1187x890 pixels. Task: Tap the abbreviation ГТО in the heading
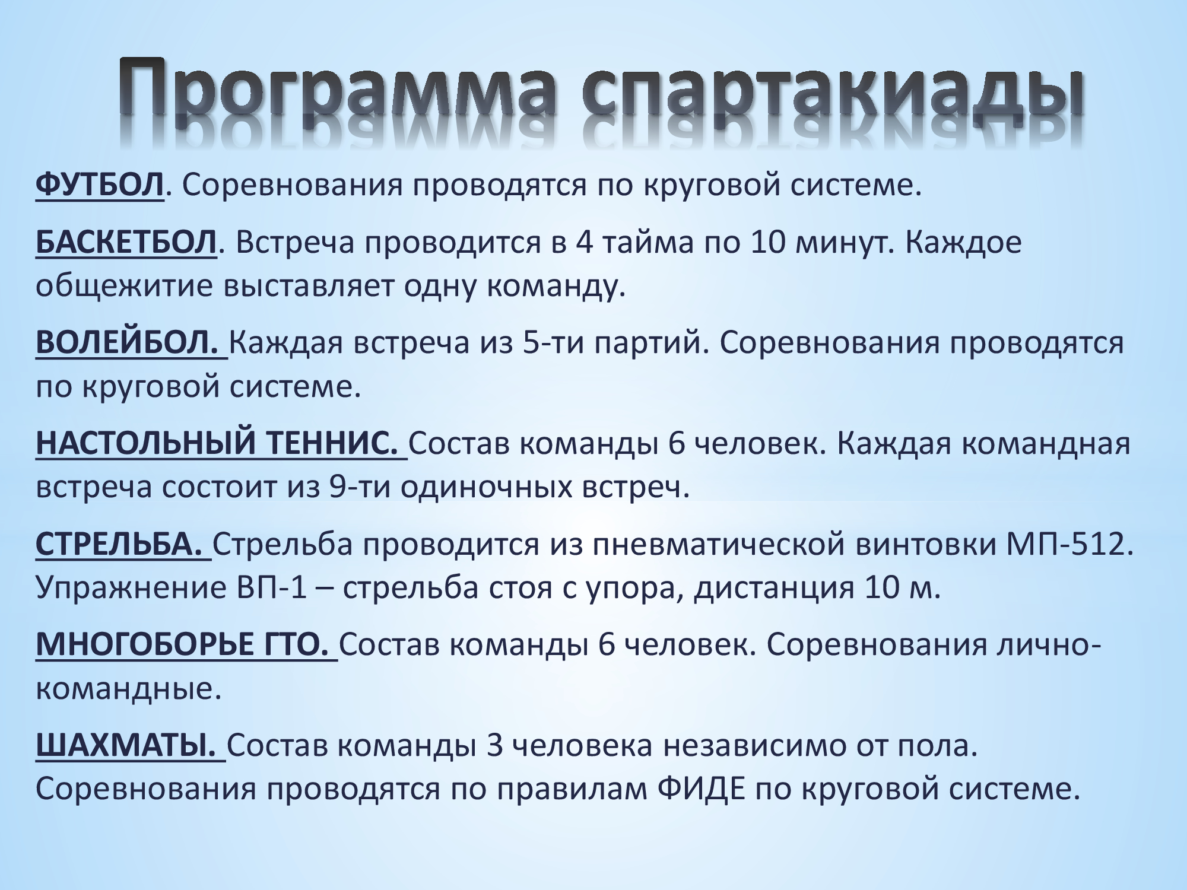coord(294,645)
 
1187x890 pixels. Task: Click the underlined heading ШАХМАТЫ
coord(126,746)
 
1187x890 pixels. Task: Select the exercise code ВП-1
coord(267,588)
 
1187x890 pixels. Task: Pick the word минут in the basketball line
coord(843,243)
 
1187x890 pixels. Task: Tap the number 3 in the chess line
coord(494,746)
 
